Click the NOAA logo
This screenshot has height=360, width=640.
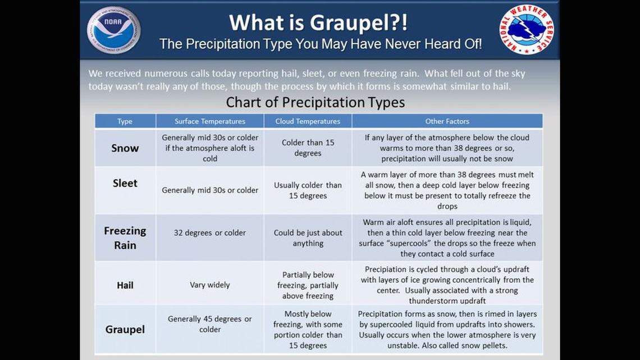113,30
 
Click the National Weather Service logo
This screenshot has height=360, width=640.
525,30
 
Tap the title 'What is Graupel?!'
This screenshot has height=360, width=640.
318,22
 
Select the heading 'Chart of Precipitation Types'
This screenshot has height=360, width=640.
315,102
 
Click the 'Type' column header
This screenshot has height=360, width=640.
125,121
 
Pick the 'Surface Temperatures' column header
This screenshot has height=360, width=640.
209,121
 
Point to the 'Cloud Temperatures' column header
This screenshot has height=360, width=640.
308,121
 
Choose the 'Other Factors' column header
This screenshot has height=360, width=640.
447,121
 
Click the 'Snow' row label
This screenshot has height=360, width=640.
125,148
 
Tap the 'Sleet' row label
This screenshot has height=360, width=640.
125,184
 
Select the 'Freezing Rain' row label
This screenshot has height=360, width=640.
125,238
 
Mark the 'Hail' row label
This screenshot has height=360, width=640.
125,285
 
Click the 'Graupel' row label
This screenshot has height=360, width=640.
125,330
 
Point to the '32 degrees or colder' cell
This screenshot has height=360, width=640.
209,233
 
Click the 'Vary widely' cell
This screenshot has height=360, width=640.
209,285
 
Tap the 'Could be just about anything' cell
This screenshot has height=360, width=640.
308,238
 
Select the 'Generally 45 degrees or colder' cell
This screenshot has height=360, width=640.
209,324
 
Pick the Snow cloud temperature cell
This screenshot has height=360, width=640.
308,148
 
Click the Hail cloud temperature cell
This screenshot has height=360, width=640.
308,285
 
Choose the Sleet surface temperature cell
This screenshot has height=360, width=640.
209,190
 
